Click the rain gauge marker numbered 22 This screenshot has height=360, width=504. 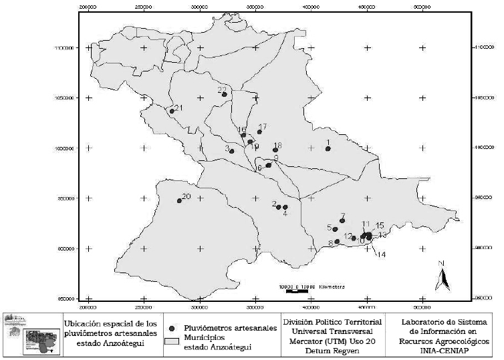[x=225, y=95]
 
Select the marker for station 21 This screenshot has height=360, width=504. [x=172, y=112]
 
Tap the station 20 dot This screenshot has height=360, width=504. [x=179, y=200]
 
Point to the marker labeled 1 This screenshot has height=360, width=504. [x=328, y=149]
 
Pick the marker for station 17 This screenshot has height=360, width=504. [x=260, y=132]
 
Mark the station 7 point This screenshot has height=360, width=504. [x=342, y=221]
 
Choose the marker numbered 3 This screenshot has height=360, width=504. [x=232, y=152]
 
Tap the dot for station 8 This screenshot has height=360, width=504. [x=337, y=242]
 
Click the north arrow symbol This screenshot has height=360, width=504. [x=441, y=276]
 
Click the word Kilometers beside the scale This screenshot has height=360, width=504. [x=328, y=286]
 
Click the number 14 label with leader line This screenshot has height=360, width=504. [x=382, y=254]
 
